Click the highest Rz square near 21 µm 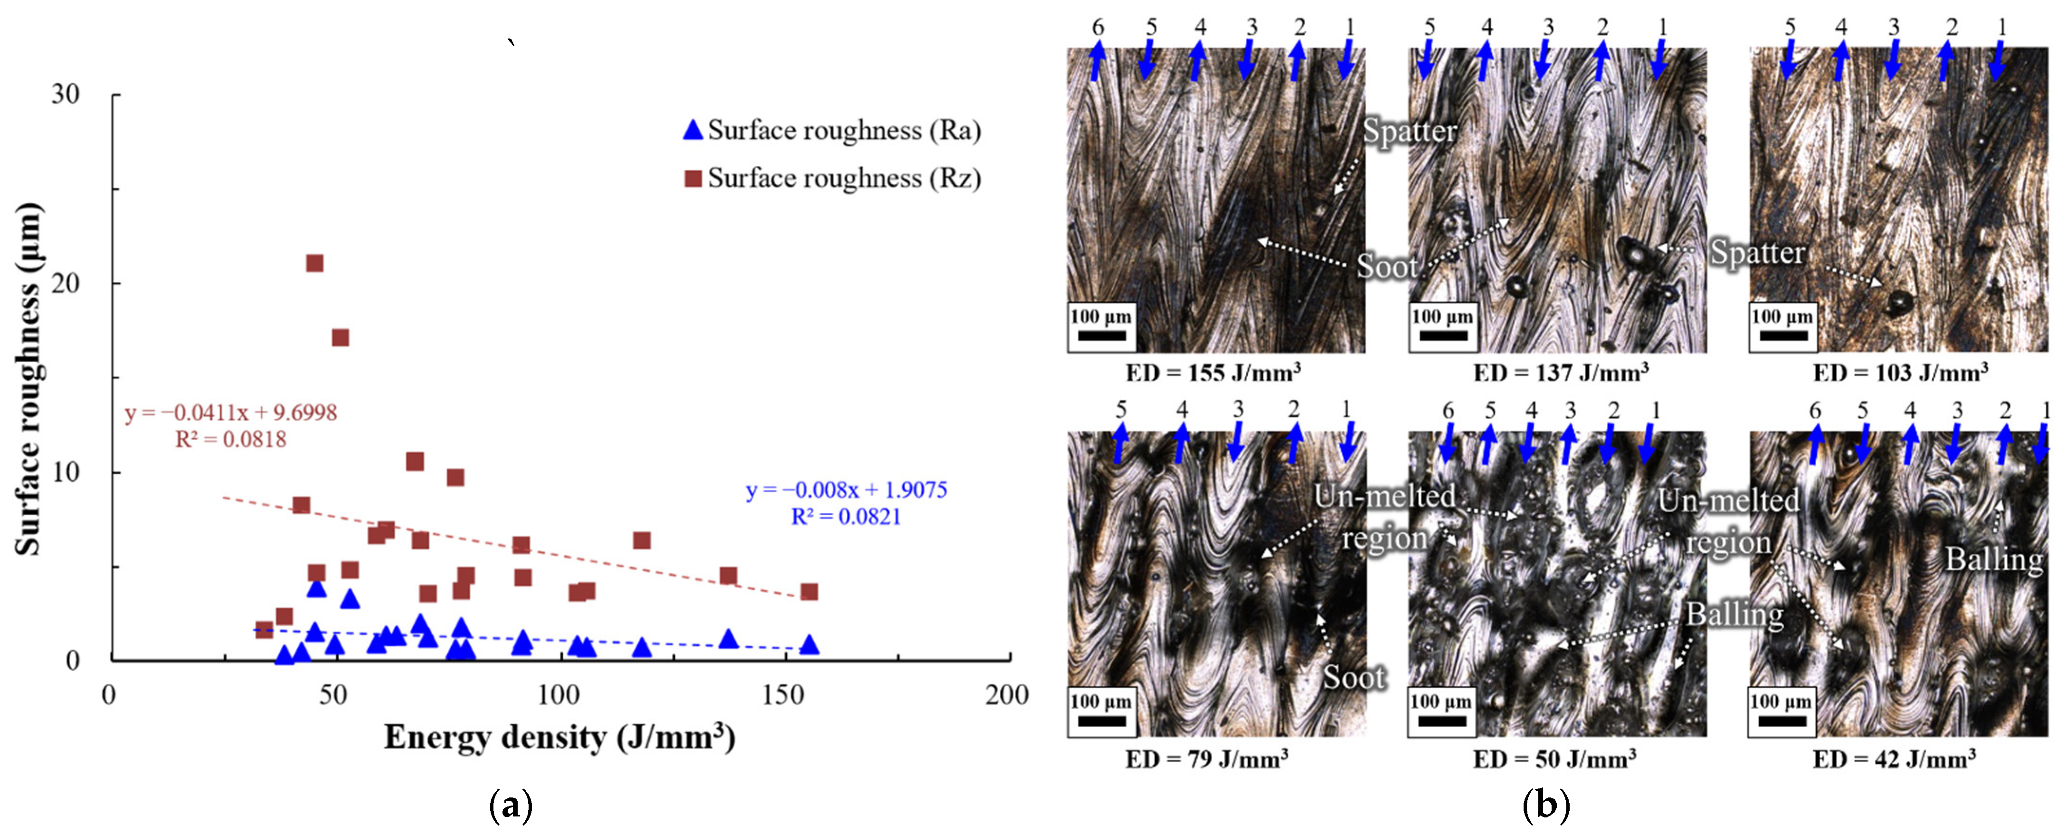click(315, 263)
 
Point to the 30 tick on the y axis click(66, 95)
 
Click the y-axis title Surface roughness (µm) click(29, 379)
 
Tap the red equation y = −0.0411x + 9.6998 click(231, 413)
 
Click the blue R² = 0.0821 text click(846, 517)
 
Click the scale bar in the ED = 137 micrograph click(1443, 336)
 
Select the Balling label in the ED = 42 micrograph click(1994, 559)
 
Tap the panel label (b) click(1545, 806)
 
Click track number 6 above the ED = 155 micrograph click(1098, 27)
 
